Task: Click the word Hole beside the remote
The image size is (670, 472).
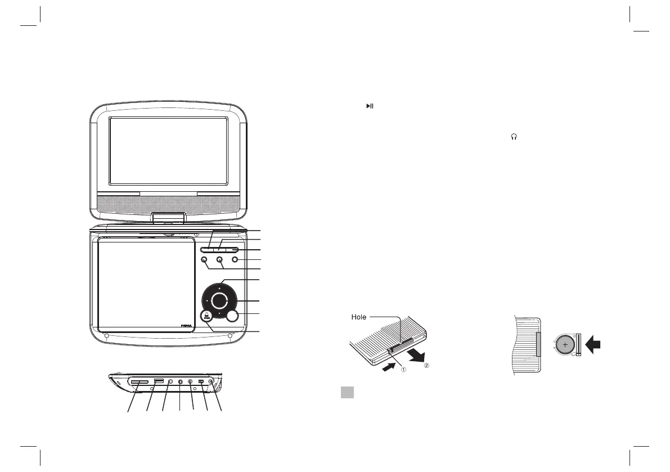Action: tap(359, 317)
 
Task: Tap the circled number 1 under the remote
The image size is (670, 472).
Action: tap(403, 369)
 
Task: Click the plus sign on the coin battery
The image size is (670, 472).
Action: tap(564, 345)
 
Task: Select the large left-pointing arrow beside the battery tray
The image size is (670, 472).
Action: tap(592, 345)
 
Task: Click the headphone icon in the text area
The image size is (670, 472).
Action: tap(513, 137)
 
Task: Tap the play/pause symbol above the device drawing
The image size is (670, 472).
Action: tap(370, 106)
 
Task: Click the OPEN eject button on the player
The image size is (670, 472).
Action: tap(206, 317)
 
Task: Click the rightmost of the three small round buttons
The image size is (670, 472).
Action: tap(235, 260)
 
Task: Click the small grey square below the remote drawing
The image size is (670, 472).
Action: tap(347, 393)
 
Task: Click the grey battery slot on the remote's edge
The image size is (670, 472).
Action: tap(538, 344)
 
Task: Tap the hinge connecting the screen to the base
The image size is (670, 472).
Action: tap(169, 218)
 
